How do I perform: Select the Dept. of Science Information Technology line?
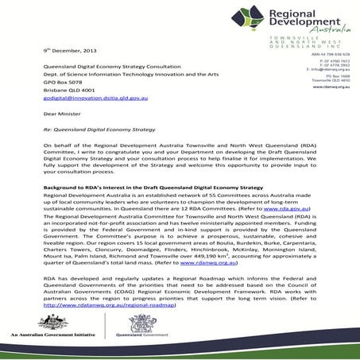[120, 72]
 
